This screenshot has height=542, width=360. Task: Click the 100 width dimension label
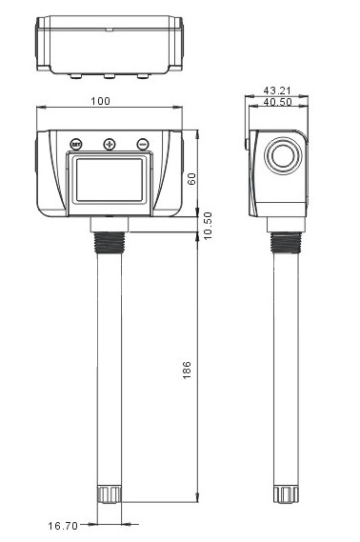click(x=100, y=102)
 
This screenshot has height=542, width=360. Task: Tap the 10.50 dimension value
click(x=208, y=230)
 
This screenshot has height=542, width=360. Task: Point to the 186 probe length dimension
click(x=187, y=368)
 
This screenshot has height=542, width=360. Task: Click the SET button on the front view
click(x=76, y=145)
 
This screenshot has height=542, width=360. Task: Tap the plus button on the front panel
click(x=109, y=145)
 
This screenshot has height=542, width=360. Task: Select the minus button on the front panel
click(x=142, y=145)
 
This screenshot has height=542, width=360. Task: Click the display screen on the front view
click(x=109, y=179)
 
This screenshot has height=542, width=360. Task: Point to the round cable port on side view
click(x=283, y=158)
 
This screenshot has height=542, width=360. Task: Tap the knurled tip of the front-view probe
click(x=109, y=493)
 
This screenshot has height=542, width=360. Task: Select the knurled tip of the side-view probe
click(x=283, y=493)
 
